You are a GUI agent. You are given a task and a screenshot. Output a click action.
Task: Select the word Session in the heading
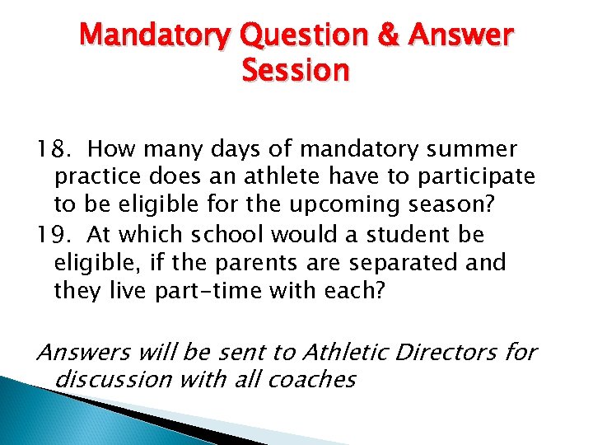(296, 72)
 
